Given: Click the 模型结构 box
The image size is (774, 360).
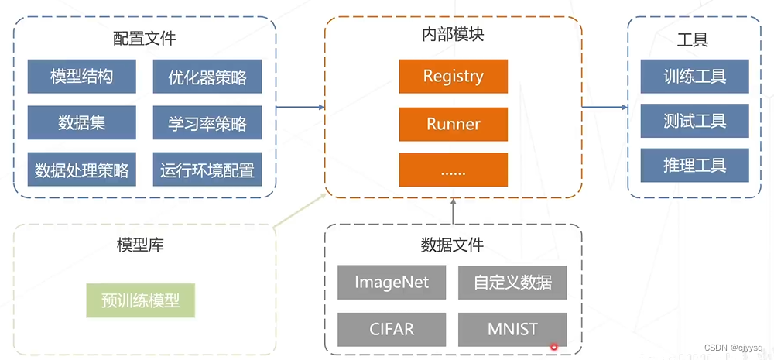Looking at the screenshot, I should [81, 77].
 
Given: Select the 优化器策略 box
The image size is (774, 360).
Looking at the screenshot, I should [207, 77].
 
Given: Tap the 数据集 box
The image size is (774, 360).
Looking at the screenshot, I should [81, 122].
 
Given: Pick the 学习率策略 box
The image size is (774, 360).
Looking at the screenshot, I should [207, 122].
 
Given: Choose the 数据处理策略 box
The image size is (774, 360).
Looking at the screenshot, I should [81, 169].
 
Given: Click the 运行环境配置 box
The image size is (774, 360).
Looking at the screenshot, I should [207, 169].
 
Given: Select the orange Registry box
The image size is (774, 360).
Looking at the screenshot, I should [453, 76].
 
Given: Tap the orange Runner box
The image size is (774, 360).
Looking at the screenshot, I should [453, 123].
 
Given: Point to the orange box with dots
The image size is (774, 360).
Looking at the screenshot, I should [453, 170].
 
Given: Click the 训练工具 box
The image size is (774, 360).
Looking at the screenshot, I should [694, 76].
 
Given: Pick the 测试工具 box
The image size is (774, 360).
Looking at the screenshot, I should [694, 121].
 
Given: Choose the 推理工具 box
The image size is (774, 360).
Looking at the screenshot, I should [694, 165].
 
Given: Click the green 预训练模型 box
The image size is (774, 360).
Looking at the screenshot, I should [140, 300].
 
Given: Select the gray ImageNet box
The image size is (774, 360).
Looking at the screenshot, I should [391, 282].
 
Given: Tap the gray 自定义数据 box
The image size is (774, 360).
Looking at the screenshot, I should [512, 282].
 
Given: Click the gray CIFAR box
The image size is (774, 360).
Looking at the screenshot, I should [391, 329].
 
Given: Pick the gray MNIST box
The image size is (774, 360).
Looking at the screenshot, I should [512, 329].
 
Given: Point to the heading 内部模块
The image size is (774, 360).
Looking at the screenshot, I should [453, 35].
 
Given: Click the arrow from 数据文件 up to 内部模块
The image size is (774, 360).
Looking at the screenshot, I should [453, 211].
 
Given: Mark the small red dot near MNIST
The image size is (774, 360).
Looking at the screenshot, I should [553, 347].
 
